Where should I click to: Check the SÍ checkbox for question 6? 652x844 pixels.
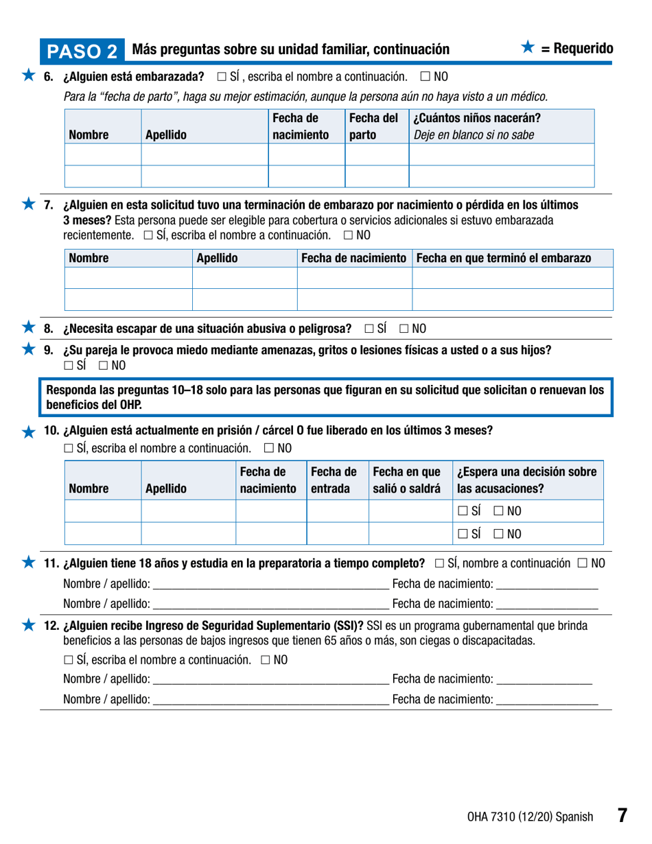click(222, 75)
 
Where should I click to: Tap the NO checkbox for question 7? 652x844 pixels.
click(348, 235)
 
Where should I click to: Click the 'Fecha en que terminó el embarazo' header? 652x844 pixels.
click(503, 258)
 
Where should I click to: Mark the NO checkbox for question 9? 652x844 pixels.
click(103, 365)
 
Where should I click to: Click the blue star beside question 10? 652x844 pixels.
click(28, 432)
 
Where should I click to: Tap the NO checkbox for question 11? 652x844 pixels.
click(582, 563)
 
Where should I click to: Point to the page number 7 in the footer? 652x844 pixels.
click(621, 816)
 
